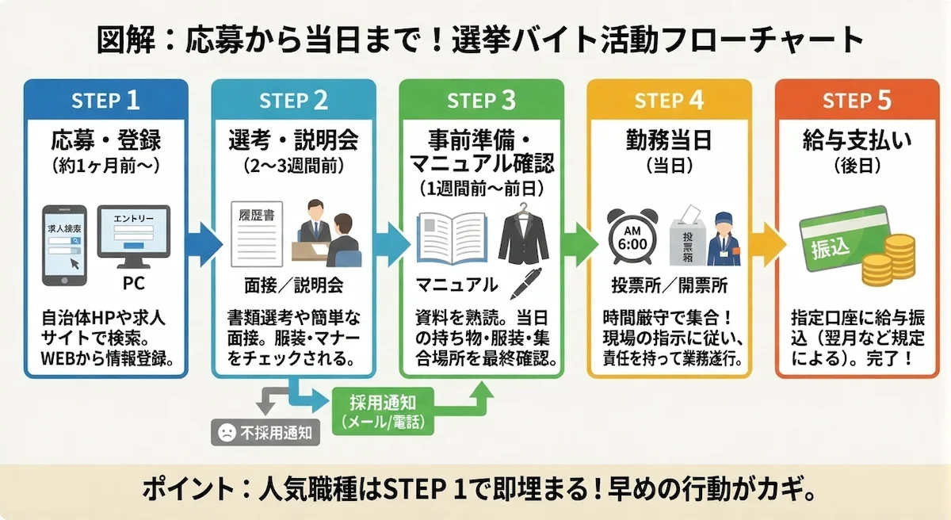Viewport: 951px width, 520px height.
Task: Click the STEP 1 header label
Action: [105, 101]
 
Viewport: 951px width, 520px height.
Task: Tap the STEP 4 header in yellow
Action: [669, 101]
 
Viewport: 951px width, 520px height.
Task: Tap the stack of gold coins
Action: [887, 262]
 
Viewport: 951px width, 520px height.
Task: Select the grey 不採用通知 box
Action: [265, 432]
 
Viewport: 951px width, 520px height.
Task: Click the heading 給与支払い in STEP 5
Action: [857, 141]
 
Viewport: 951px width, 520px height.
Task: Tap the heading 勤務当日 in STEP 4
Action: [669, 141]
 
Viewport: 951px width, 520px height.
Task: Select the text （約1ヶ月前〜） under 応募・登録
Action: [105, 166]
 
